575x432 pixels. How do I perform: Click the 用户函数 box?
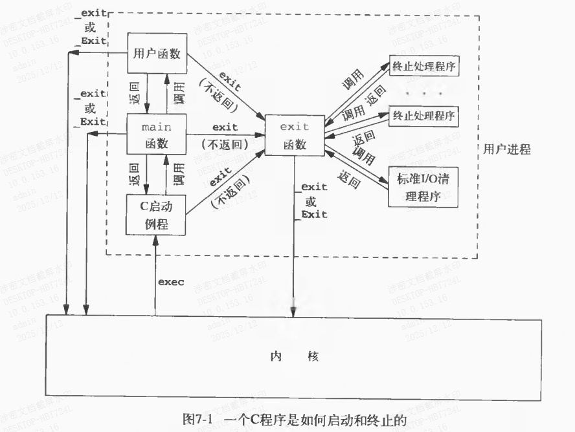click(x=157, y=53)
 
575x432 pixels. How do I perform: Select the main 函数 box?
click(x=156, y=134)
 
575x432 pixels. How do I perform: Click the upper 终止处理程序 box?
click(x=424, y=66)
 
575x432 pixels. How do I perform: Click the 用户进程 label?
click(x=507, y=150)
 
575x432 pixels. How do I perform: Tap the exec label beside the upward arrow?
click(x=171, y=282)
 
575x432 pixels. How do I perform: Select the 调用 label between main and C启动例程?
click(x=179, y=175)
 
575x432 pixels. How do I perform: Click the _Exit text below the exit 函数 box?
click(x=313, y=215)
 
